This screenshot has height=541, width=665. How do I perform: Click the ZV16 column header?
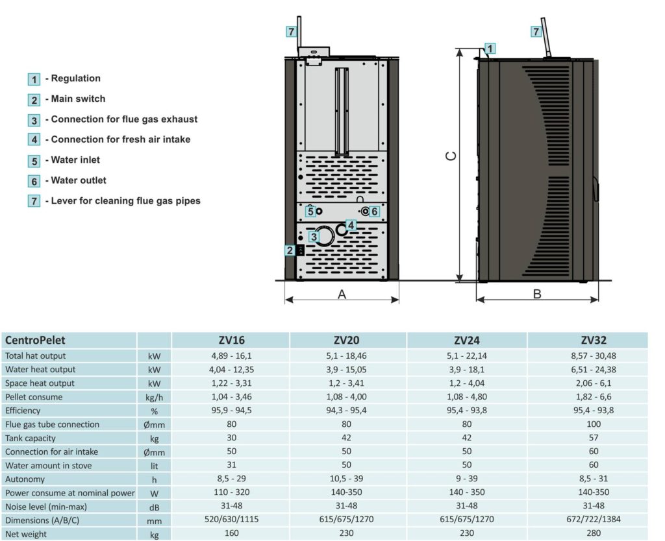tap(231, 340)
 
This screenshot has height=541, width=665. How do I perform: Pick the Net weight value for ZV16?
tap(231, 534)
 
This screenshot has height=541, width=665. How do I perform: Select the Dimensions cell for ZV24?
tap(467, 520)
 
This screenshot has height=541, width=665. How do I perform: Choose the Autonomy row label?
tap(25, 479)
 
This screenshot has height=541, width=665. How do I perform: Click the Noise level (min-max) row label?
tap(45, 506)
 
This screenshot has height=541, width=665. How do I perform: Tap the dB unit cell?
tap(154, 507)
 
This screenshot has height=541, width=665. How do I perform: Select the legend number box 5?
tap(34, 160)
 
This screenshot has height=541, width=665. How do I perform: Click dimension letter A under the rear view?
tap(342, 295)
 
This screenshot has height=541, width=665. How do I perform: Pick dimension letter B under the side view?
tap(537, 295)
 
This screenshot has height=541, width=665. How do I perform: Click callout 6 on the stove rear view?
tap(374, 211)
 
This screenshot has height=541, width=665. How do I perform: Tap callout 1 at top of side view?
tap(490, 48)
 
